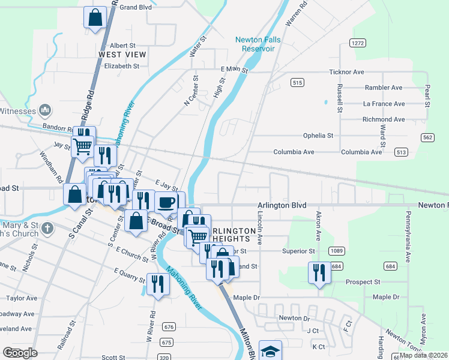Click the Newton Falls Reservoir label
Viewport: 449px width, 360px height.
click(x=258, y=44)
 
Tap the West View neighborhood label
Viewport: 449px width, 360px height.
click(x=122, y=55)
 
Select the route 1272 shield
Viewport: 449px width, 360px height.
click(x=358, y=43)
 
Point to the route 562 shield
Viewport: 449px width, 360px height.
click(x=427, y=137)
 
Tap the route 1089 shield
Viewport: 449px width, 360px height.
click(x=336, y=250)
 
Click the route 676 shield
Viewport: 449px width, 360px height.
click(x=169, y=327)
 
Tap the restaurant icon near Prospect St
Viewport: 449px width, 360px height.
click(x=319, y=273)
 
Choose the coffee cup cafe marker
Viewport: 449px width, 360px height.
click(x=166, y=202)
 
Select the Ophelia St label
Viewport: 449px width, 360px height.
click(x=318, y=136)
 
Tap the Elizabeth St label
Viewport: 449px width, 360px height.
click(x=122, y=67)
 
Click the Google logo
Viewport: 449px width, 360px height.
click(x=20, y=353)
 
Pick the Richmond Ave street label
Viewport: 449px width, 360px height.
click(x=384, y=119)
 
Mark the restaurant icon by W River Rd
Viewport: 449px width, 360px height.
click(x=158, y=283)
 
